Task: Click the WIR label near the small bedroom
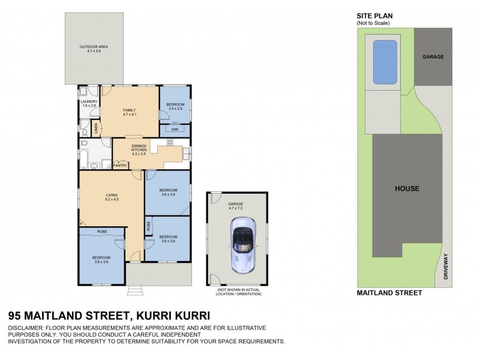pos(175,129)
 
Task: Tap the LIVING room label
pos(112,196)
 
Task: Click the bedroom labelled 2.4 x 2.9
pos(175,106)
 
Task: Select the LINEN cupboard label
pos(97,128)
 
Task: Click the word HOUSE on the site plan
pos(407,188)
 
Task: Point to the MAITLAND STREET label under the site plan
pos(389,293)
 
